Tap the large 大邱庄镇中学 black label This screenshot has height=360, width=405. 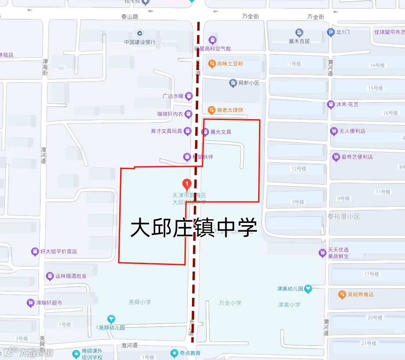193,228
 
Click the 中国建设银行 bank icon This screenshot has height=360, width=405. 140,33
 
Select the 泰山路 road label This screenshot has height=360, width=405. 130,17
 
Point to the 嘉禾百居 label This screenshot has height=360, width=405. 299,41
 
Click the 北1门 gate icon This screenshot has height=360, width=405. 331,32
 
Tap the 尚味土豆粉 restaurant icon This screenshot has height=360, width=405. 212,64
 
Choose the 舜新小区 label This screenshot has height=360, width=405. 248,83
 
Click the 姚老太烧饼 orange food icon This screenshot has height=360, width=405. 212,110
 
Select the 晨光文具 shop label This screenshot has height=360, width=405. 220,132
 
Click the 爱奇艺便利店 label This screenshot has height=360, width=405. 357,157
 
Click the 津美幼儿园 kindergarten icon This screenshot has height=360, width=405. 309,289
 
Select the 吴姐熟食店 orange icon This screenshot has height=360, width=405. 342,294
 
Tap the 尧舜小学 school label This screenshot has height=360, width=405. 140,302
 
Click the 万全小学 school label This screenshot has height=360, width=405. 230,303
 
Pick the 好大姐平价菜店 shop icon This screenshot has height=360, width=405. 35,252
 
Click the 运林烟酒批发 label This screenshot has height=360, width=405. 71,276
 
